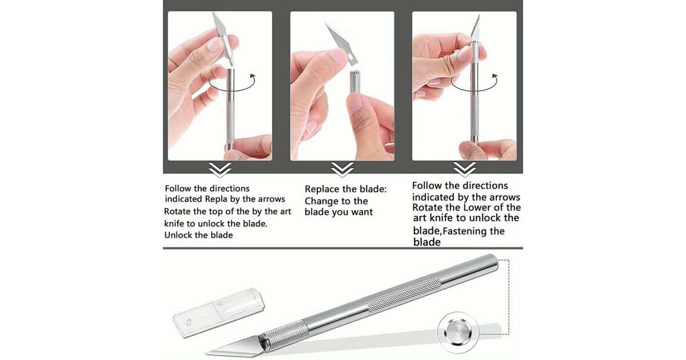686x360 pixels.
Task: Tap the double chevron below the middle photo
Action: [342, 170]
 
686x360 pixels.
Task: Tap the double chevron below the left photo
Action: [220, 170]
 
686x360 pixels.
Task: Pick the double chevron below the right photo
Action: [465, 170]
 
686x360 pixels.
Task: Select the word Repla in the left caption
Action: [216, 199]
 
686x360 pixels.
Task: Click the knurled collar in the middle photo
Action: [355, 83]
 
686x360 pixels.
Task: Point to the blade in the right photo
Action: [476, 29]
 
